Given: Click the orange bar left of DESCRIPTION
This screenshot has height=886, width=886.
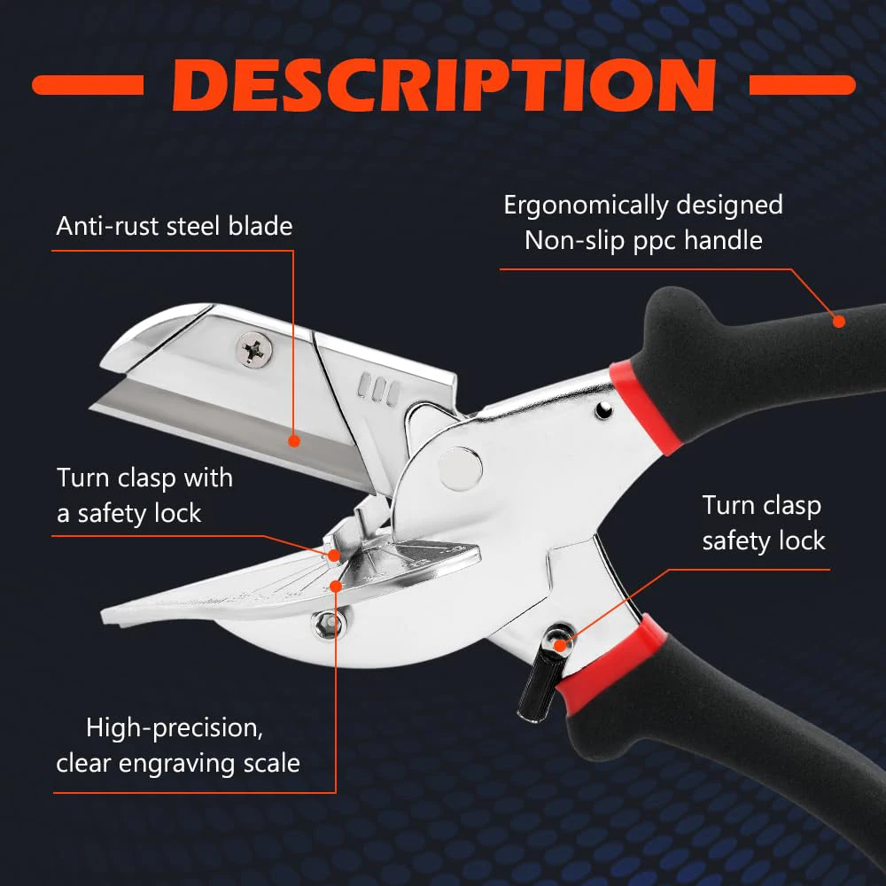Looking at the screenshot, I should pos(87,85).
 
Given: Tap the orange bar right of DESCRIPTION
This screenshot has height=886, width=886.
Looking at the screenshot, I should pos(802,85).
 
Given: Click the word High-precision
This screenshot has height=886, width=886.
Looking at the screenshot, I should pos(174,728).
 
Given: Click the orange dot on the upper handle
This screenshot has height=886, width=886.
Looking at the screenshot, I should pos(837,320).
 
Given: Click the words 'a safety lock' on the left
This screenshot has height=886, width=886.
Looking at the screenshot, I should pos(129,513).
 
